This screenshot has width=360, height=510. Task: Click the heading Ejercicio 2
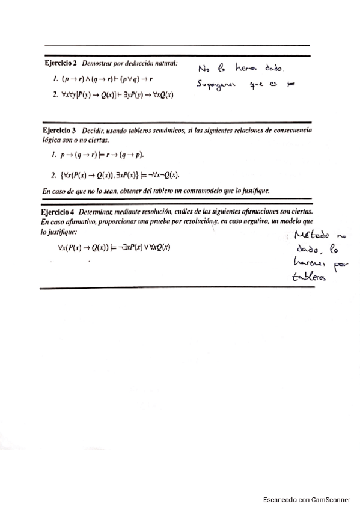pyautogui.click(x=61, y=63)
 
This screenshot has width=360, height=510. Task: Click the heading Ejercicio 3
pyautogui.click(x=60, y=130)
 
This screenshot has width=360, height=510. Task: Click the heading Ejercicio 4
pyautogui.click(x=60, y=212)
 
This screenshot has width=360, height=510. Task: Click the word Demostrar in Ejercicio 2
pyautogui.click(x=99, y=63)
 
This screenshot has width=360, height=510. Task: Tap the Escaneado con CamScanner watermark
pyautogui.click(x=307, y=500)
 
